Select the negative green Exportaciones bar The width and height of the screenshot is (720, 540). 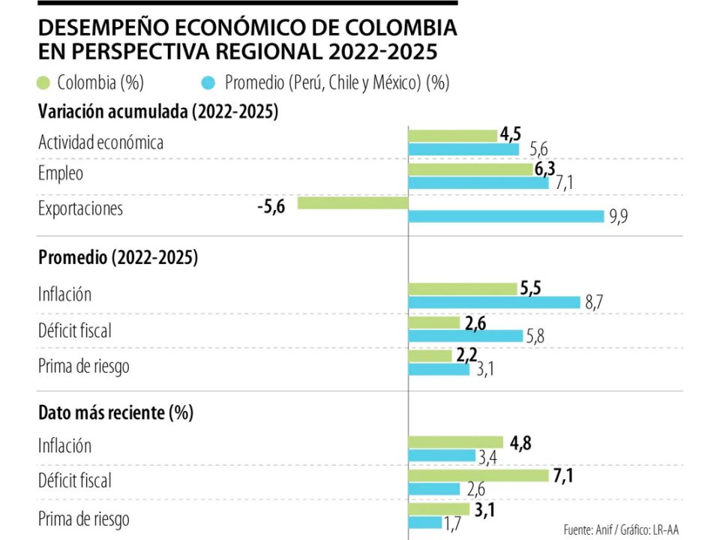point(352,202)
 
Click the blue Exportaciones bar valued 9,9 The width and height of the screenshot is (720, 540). point(505,216)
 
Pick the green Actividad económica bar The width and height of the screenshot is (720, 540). point(452,135)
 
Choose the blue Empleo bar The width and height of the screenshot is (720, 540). point(478,184)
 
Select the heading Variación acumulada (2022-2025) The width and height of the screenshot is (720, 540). point(157,112)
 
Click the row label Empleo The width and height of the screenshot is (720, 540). point(61,173)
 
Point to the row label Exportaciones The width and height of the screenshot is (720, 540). point(80,208)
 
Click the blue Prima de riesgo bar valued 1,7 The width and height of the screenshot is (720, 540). point(424,522)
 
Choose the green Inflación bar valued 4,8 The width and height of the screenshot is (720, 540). point(455,442)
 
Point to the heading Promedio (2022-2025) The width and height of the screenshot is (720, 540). point(118,258)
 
